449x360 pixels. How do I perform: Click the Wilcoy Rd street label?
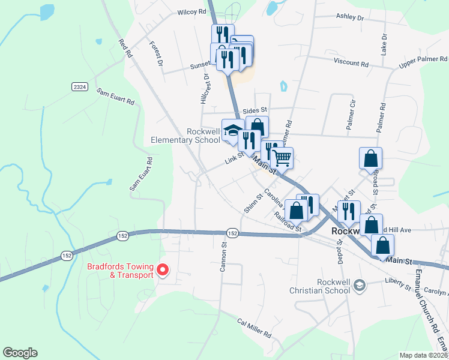191,12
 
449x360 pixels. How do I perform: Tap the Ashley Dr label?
351,19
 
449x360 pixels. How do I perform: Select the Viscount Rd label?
352,63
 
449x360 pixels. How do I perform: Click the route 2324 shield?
79,87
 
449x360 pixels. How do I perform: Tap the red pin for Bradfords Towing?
163,271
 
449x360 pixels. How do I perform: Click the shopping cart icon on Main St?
282,158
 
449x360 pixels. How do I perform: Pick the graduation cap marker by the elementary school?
232,131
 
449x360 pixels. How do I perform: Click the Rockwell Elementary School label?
186,136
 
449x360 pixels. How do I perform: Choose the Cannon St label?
223,256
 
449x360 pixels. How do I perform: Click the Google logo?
20,353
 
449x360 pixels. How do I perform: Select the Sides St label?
255,111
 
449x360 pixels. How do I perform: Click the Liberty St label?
398,284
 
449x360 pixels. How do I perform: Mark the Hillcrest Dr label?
206,89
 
